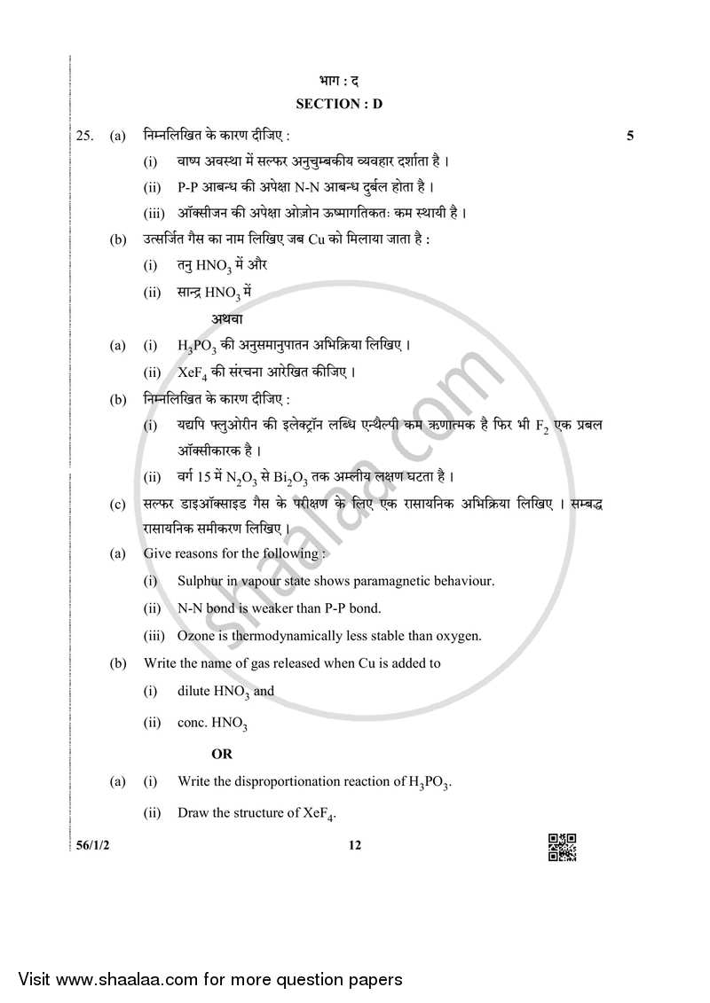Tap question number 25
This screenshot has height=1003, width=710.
(x=84, y=137)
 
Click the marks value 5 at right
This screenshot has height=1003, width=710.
(x=629, y=136)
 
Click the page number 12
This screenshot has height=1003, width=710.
(x=355, y=845)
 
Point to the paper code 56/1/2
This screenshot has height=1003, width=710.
(x=91, y=845)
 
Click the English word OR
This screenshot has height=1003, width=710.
(x=221, y=754)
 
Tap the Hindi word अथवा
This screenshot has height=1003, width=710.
(x=227, y=317)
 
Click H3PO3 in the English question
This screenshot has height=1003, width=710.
(x=430, y=782)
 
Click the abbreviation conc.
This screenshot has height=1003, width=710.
(x=192, y=723)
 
